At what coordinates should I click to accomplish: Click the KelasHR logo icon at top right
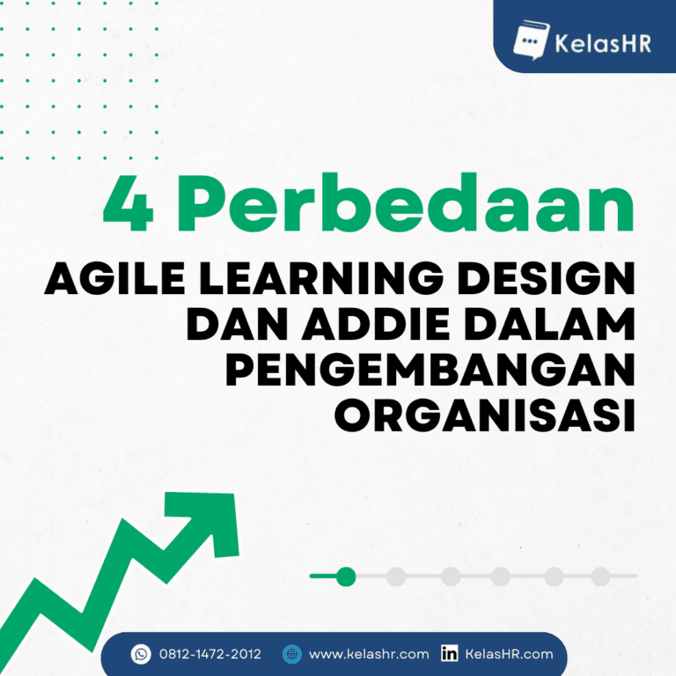pyautogui.click(x=529, y=39)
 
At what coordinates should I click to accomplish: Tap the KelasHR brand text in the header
pyautogui.click(x=602, y=40)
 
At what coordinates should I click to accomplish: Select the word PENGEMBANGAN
pyautogui.click(x=430, y=371)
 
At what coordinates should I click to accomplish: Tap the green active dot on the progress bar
pyautogui.click(x=346, y=577)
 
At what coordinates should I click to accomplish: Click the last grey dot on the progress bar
pyautogui.click(x=600, y=577)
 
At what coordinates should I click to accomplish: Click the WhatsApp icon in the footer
pyautogui.click(x=141, y=654)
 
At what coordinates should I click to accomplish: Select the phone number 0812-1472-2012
pyautogui.click(x=210, y=654)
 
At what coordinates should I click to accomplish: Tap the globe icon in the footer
pyautogui.click(x=292, y=654)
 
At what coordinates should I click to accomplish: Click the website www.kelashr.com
pyautogui.click(x=369, y=654)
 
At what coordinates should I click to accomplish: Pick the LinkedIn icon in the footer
pyautogui.click(x=449, y=654)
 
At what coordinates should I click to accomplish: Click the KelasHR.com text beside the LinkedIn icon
pyautogui.click(x=509, y=654)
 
